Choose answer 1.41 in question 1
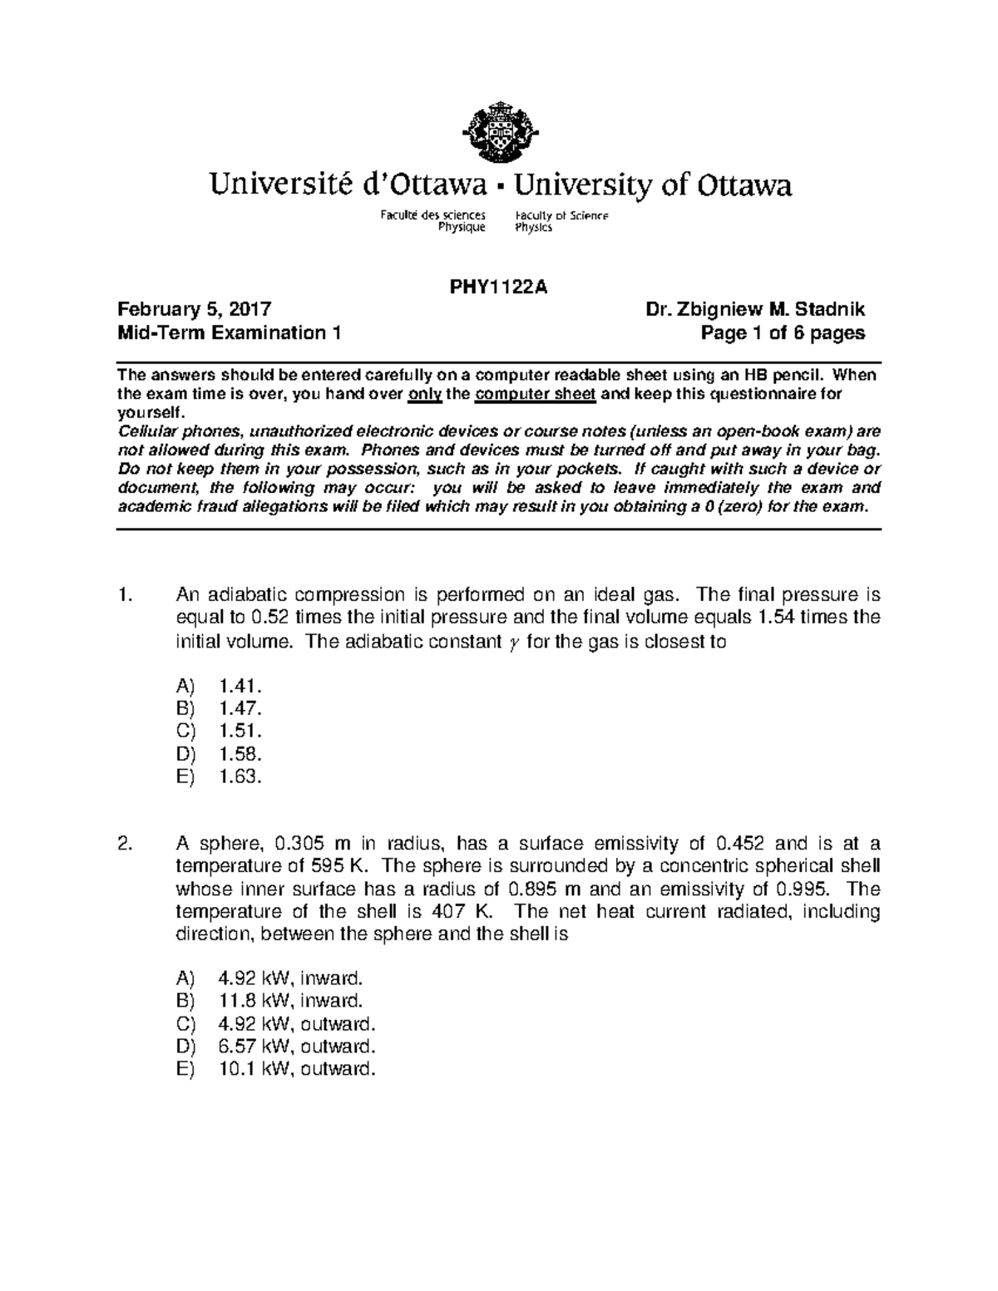pyautogui.click(x=240, y=686)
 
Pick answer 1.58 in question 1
pyautogui.click(x=240, y=754)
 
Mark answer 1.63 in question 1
pyautogui.click(x=240, y=776)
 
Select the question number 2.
pyautogui.click(x=126, y=843)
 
